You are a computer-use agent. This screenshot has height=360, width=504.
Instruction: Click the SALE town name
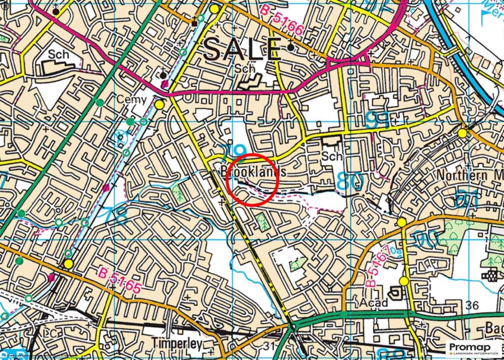pos(242,50)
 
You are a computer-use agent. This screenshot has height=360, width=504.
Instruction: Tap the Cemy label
pos(131,100)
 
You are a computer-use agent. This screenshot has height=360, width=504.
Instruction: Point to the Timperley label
pos(177,344)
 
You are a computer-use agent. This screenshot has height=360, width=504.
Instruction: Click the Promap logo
pos(472,348)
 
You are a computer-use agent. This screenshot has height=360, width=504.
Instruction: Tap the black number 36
pos(472,306)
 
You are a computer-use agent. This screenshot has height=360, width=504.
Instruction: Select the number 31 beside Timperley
pos(268,347)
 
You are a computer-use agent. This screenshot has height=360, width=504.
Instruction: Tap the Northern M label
pos(468,176)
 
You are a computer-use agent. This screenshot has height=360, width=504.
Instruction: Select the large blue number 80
pos(350,181)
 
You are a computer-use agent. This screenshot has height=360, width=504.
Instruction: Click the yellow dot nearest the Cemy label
pos(159,105)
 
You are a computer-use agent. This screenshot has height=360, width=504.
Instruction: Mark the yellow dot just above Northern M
pos(462,133)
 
